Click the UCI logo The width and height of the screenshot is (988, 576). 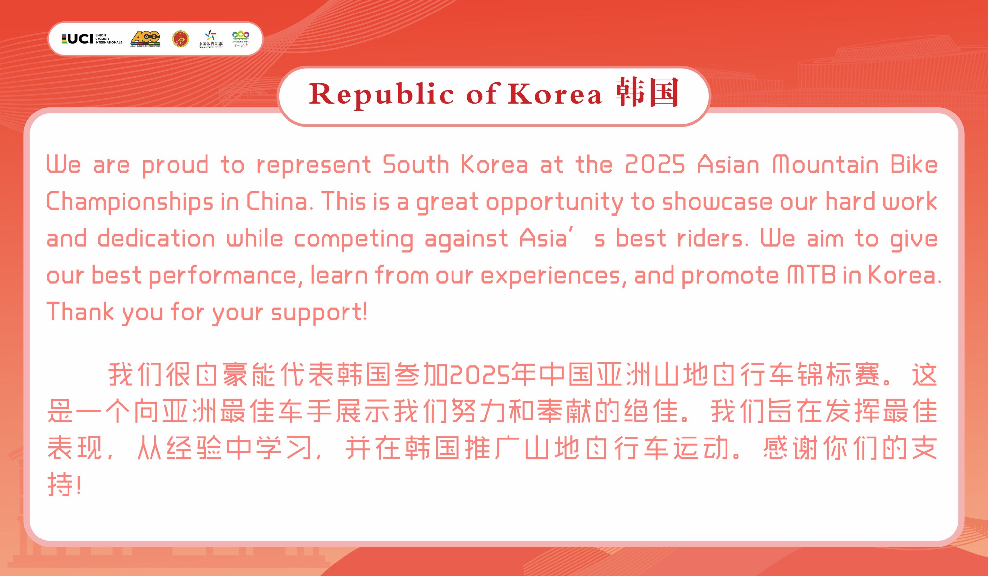(x=92, y=39)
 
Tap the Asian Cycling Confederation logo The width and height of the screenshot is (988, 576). (x=146, y=39)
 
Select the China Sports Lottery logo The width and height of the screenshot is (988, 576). (x=210, y=39)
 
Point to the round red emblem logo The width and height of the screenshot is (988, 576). (x=181, y=39)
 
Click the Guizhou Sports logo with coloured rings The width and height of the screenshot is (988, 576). (x=241, y=39)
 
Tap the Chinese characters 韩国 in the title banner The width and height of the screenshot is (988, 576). (x=647, y=92)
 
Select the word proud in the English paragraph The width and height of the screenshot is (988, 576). (x=175, y=165)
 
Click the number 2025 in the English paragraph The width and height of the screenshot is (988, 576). (x=655, y=164)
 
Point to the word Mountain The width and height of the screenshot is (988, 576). (x=826, y=164)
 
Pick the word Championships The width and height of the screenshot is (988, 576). (x=130, y=202)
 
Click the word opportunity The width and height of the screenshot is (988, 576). (x=554, y=202)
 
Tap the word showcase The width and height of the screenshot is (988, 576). (x=717, y=201)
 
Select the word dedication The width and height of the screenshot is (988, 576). (x=156, y=238)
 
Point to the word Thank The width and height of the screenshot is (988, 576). (x=80, y=312)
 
